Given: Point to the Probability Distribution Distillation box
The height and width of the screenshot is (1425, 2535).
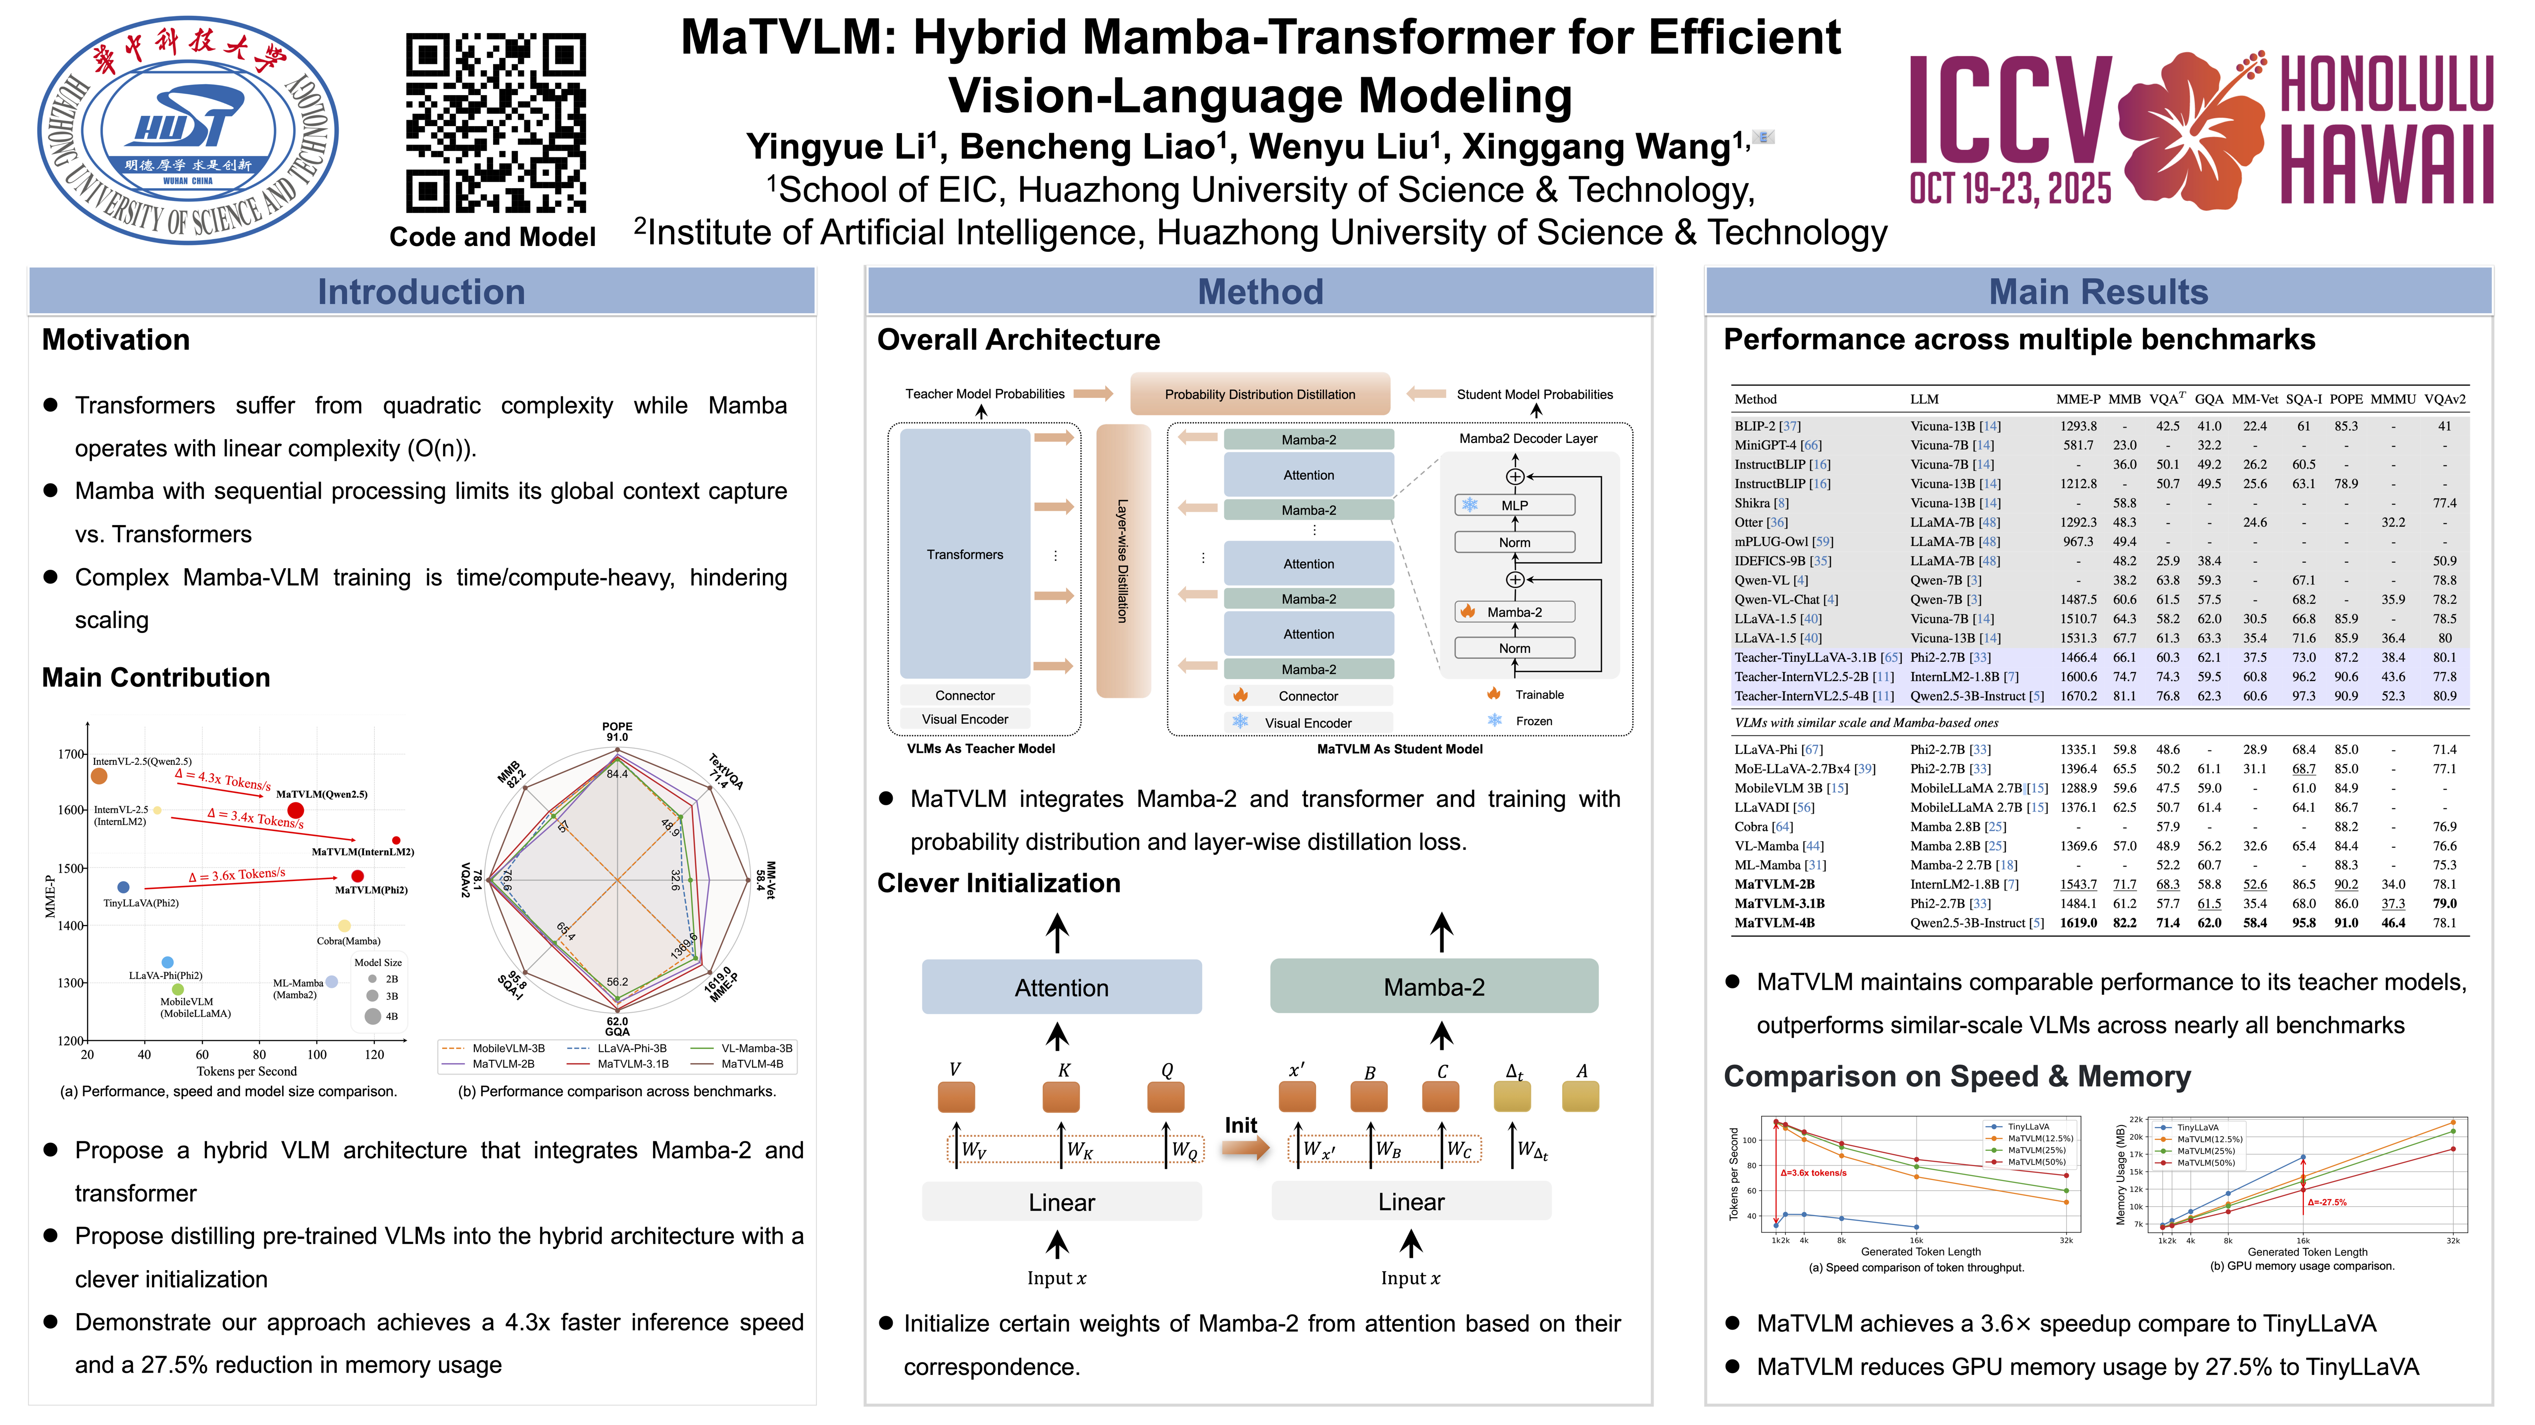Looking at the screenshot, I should [1260, 393].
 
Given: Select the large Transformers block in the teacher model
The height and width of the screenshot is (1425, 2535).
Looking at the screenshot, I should [964, 554].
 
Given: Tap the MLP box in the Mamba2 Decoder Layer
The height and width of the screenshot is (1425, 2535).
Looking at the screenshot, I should [1515, 505].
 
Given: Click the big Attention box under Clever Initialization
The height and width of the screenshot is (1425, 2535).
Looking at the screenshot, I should [1061, 987].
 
